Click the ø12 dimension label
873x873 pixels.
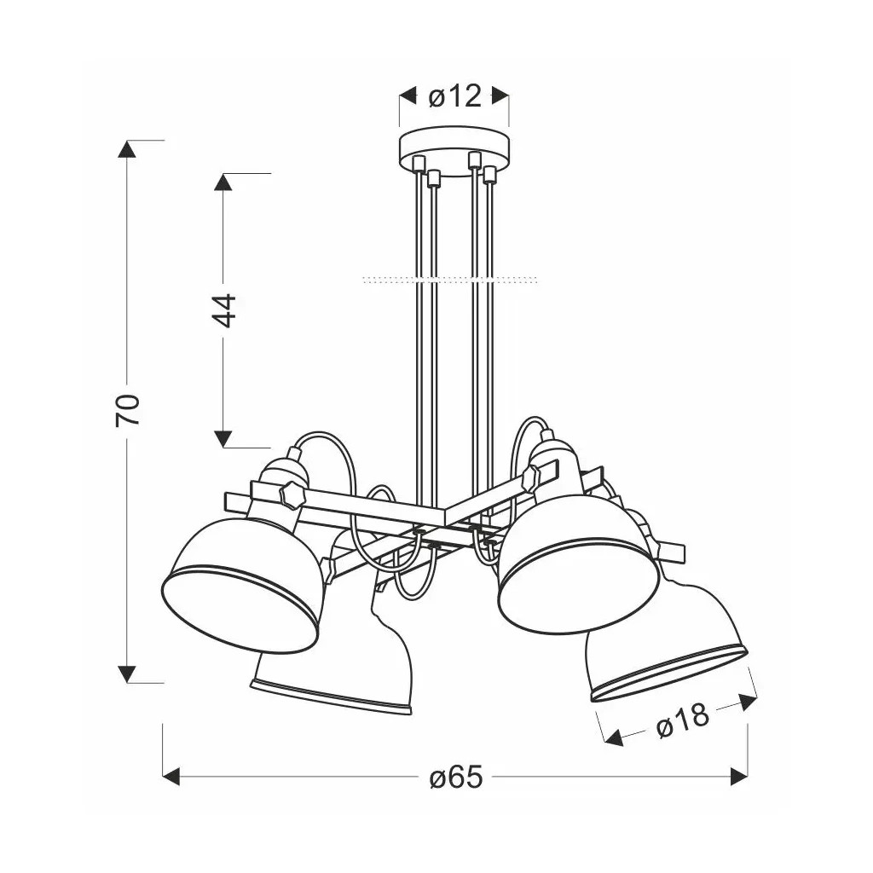click(x=454, y=97)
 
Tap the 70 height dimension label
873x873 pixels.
click(x=128, y=410)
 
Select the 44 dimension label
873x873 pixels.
click(x=223, y=310)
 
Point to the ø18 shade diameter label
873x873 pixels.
click(x=683, y=720)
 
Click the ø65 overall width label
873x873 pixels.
click(x=456, y=777)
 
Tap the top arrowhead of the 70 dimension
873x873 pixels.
click(x=128, y=148)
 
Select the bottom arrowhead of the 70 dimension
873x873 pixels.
click(x=128, y=674)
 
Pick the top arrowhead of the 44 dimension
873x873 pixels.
click(x=223, y=182)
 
